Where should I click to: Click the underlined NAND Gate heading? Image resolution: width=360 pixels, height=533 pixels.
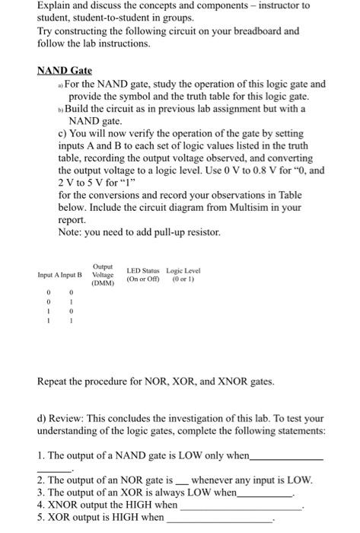[69, 71]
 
